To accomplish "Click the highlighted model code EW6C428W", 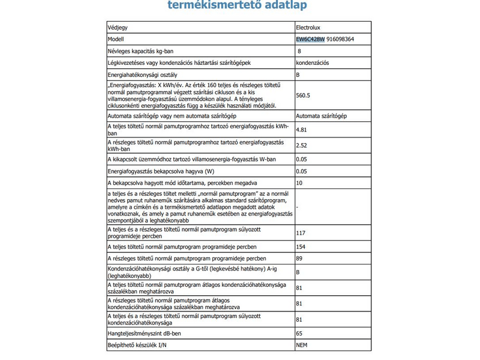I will tap(310, 39).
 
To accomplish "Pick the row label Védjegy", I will tap(117, 28).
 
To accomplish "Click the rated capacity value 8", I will tap(299, 52).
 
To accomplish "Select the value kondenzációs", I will tap(313, 63).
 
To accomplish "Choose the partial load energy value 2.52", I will tap(302, 145).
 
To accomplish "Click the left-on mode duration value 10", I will tap(299, 182).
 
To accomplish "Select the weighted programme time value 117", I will tap(301, 233).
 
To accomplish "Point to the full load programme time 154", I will tap(301, 247).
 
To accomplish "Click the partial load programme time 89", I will tap(299, 259).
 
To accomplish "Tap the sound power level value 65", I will tap(299, 332).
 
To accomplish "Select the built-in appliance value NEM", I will tap(302, 345).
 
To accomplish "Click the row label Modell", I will tap(115, 39).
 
